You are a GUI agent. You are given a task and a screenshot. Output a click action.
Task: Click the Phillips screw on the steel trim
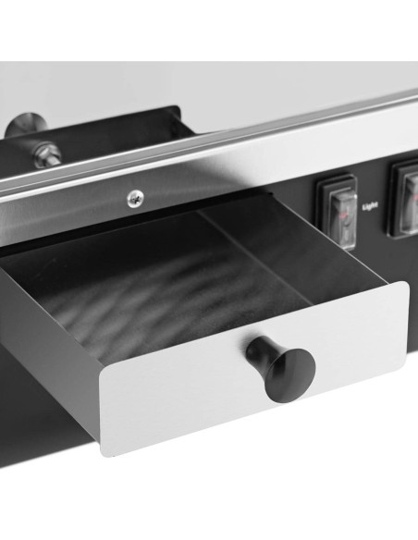(x=135, y=199)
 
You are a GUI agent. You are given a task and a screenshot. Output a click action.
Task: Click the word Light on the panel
(x=371, y=206)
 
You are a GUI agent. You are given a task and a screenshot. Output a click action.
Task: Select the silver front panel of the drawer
(x=255, y=369)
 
